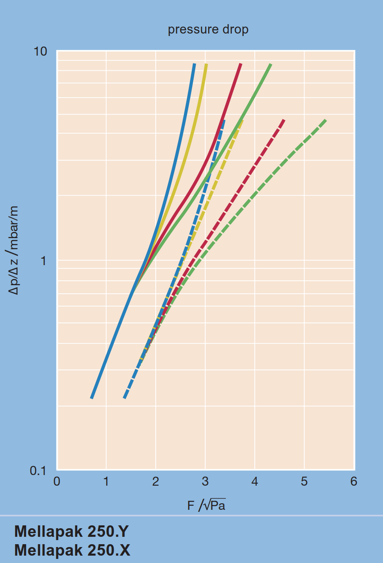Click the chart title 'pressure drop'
[x=208, y=29]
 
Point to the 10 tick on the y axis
[x=40, y=52]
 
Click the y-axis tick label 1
[x=43, y=261]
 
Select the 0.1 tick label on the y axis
[x=38, y=471]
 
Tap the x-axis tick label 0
[x=57, y=482]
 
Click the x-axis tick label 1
[x=106, y=482]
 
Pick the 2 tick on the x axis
[x=156, y=482]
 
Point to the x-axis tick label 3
[x=205, y=482]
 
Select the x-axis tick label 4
[x=255, y=482]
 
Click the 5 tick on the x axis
[x=304, y=482]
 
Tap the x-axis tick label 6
[x=354, y=482]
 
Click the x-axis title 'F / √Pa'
[x=206, y=506]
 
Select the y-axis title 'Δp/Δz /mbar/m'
[x=14, y=250]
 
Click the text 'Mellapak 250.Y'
[x=72, y=531]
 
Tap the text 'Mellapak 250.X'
[x=72, y=550]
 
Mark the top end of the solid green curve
[x=271, y=64]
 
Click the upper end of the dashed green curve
[x=325, y=120]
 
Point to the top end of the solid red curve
[x=240, y=64]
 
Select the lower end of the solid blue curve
[x=92, y=398]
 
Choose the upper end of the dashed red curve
[x=284, y=120]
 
